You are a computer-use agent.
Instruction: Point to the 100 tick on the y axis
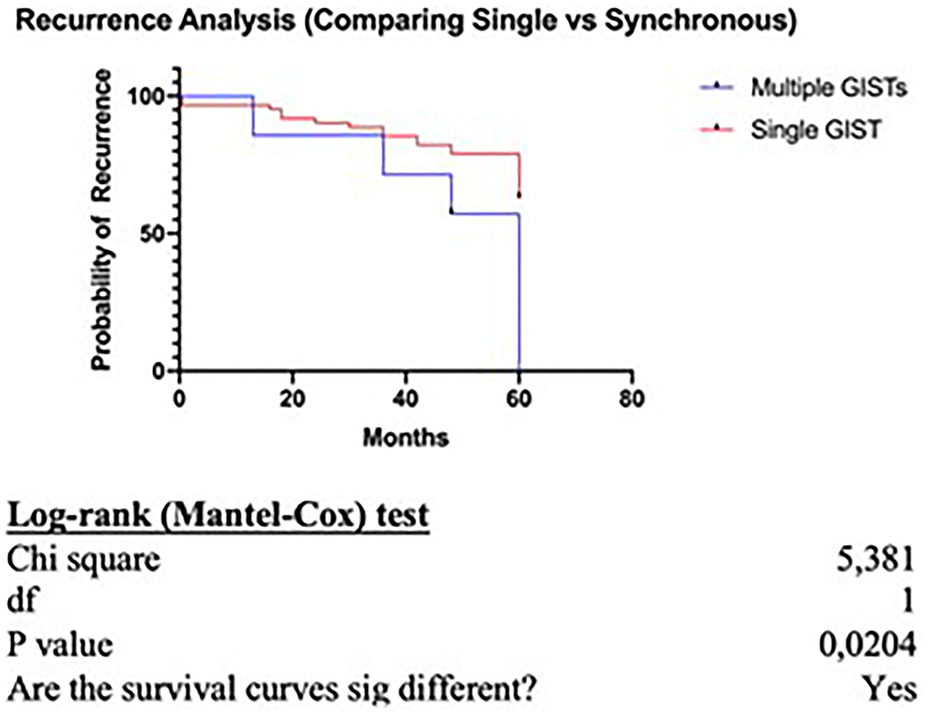147,96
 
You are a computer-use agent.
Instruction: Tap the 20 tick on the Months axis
292,399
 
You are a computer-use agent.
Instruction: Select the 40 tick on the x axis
405,399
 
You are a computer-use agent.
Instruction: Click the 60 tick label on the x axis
519,399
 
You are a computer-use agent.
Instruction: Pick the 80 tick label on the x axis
632,399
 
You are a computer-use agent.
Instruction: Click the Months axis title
405,438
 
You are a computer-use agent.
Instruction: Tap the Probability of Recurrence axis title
101,220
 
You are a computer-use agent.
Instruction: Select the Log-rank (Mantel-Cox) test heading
218,516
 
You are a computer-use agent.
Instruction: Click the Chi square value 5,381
875,559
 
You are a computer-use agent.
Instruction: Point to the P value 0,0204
867,645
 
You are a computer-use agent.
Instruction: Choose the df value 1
907,602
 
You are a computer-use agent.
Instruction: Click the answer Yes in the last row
889,688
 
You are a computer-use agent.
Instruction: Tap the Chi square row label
84,559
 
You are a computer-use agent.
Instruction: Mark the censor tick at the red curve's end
519,195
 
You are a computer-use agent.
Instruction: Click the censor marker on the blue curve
451,210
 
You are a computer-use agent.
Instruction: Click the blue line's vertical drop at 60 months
519,293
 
